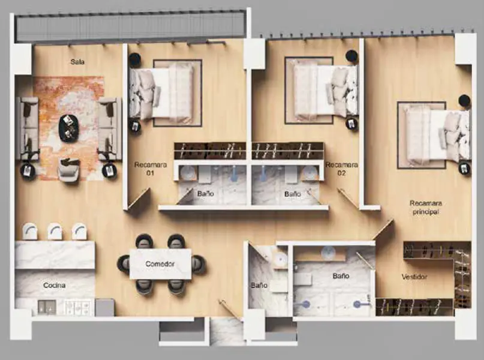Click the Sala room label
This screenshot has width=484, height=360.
(x=77, y=62)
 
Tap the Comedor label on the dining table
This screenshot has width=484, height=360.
(x=160, y=264)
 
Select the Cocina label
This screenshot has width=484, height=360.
(x=55, y=285)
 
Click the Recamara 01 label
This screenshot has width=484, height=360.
(x=151, y=169)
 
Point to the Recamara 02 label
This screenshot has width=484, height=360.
(x=342, y=169)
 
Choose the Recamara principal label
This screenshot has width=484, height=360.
(x=426, y=208)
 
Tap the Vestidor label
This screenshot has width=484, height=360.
(x=414, y=277)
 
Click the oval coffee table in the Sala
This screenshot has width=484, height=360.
(x=69, y=128)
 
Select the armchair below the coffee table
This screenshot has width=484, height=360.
(x=69, y=170)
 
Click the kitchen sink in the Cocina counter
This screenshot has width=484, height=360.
(x=47, y=307)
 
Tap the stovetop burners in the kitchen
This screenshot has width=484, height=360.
(x=77, y=308)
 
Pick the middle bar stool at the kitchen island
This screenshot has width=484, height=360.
(x=55, y=232)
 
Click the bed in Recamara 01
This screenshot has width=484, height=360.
(x=161, y=92)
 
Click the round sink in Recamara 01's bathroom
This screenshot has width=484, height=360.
(x=187, y=172)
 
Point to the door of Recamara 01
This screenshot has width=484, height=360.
(x=139, y=199)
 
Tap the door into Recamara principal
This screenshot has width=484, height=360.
(x=383, y=229)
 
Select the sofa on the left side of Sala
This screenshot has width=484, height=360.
(x=28, y=128)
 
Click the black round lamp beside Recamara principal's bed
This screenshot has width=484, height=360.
(x=464, y=101)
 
